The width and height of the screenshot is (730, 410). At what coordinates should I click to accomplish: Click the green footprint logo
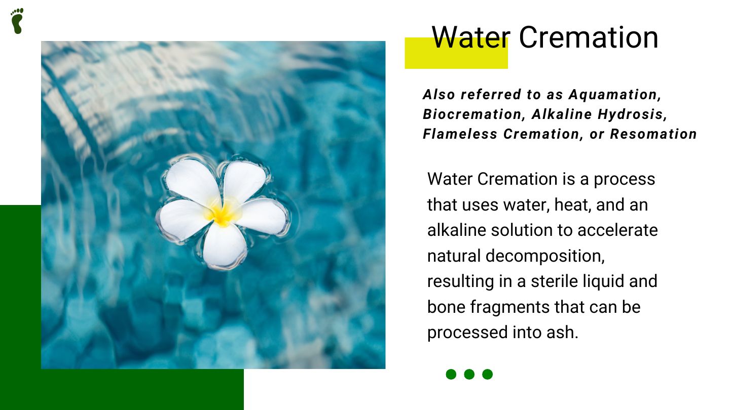[17, 21]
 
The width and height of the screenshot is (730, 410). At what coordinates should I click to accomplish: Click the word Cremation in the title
[589, 37]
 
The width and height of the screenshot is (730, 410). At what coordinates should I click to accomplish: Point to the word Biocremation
[472, 114]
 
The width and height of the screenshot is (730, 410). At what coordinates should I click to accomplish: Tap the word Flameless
[460, 134]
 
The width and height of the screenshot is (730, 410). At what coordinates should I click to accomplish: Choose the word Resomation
[653, 134]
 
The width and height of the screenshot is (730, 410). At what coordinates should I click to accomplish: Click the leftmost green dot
[451, 374]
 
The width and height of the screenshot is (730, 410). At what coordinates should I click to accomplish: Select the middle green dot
[469, 374]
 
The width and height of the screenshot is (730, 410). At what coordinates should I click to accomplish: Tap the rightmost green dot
[488, 374]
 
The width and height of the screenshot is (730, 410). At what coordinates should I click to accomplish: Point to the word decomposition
[545, 256]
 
